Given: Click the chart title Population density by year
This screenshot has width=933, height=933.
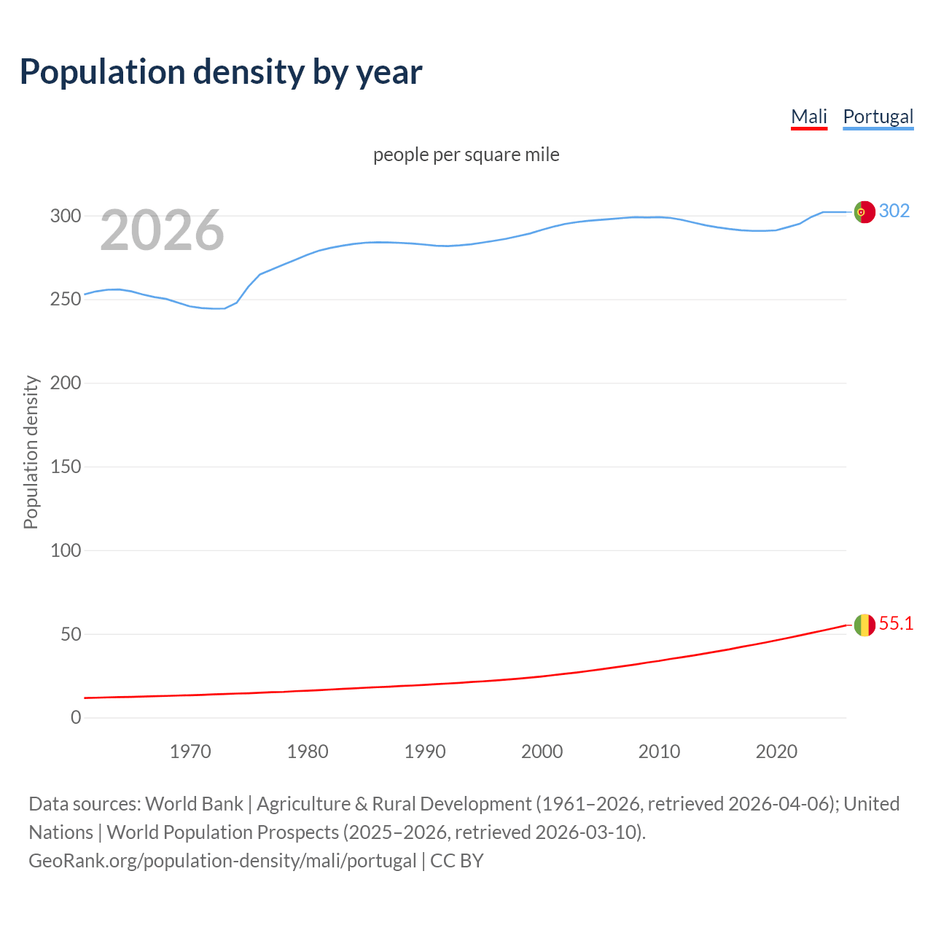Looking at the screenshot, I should point(221,72).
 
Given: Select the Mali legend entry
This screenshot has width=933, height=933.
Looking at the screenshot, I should point(809,117).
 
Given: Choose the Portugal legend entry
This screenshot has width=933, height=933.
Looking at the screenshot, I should point(878,117).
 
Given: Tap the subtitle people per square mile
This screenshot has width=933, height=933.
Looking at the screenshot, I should point(466,155).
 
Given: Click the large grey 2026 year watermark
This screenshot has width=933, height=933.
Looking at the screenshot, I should point(162,231).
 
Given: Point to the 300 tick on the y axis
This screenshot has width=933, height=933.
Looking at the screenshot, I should point(66,216).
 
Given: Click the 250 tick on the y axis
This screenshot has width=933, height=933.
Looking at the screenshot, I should point(66,300).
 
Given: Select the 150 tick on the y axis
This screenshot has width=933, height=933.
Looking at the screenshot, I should point(66,466).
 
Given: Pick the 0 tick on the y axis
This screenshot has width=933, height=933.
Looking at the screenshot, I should point(76,717).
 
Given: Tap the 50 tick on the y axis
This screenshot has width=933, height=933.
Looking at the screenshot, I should point(70,634).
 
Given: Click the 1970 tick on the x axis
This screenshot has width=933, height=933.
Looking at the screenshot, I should point(190,751).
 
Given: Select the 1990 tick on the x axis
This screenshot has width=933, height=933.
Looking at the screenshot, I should point(425,751).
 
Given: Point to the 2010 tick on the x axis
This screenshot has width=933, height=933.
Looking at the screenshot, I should point(659,751).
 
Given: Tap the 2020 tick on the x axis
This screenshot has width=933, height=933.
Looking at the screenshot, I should point(776,751).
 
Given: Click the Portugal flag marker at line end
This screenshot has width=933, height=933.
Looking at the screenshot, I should point(864,211).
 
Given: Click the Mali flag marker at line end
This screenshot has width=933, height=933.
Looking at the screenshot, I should point(864,625).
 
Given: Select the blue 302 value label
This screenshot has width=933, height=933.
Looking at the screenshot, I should point(894,211).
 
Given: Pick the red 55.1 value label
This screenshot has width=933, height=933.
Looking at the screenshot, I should point(896,623).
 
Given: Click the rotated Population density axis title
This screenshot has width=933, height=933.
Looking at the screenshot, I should point(31,452).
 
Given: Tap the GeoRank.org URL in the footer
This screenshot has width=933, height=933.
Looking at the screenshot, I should point(222,861).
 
